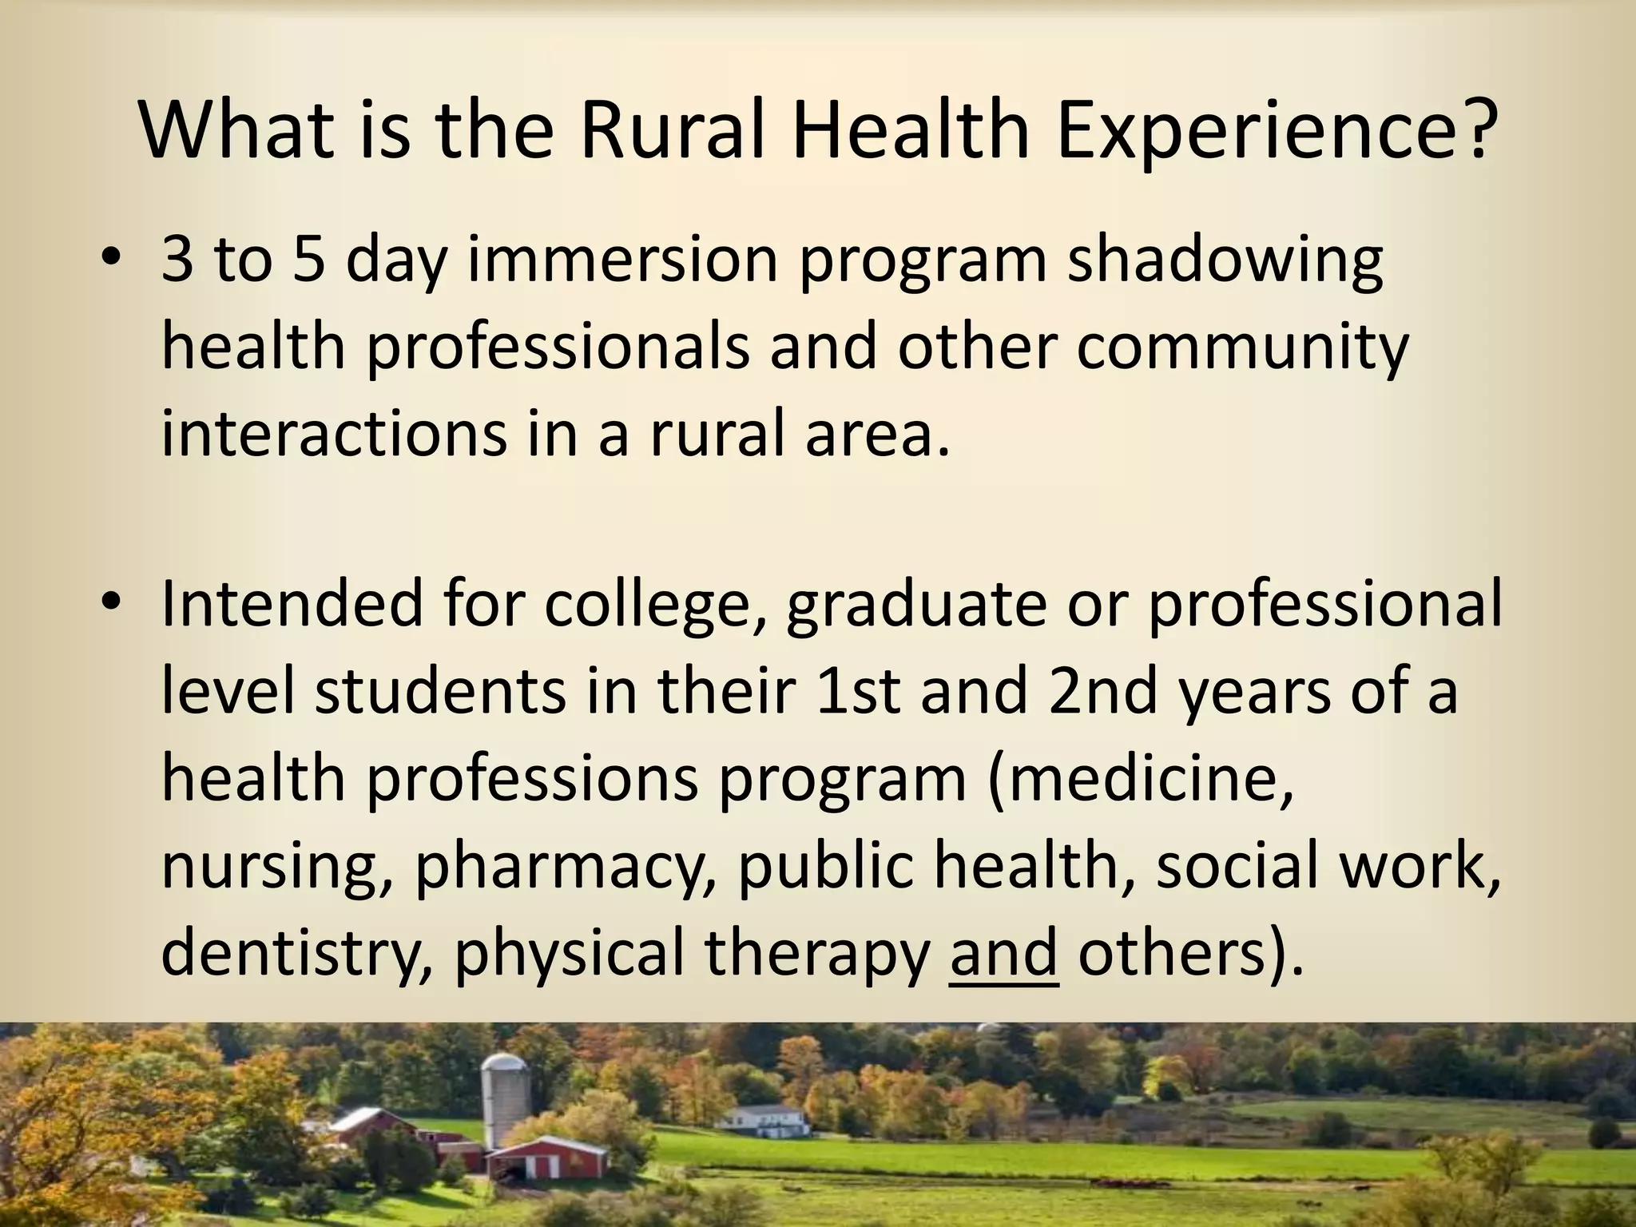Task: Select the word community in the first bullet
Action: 1243,350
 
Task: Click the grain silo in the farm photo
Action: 506,1098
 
